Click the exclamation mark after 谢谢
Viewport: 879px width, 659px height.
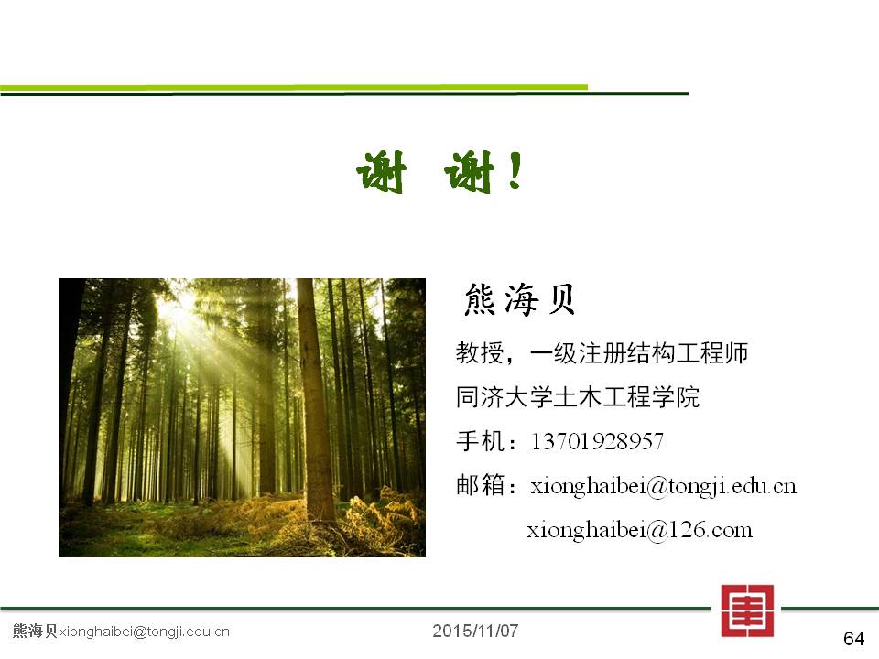pos(515,170)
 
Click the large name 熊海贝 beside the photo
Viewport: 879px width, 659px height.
pos(520,300)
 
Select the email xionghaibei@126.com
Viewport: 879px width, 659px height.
pos(639,530)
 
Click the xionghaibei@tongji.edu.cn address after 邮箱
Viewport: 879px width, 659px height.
pos(664,486)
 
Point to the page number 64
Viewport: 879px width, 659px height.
pos(853,638)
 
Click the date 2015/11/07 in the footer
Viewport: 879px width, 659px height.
pos(475,631)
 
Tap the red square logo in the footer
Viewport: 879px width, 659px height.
pos(747,610)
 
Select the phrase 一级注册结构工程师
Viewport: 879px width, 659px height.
pos(638,353)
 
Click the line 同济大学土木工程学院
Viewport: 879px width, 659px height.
pos(578,397)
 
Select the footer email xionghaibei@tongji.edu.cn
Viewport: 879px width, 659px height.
pos(144,632)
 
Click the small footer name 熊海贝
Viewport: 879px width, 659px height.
pos(35,631)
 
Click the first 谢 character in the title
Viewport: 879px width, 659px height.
pos(381,172)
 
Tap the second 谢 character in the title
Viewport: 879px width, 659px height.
pos(469,172)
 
